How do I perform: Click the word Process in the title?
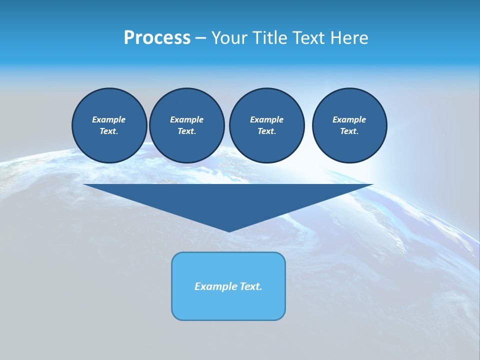157,38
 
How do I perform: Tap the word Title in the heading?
269,38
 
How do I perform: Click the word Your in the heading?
229,38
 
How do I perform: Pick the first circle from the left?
109,125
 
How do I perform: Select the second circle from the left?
187,125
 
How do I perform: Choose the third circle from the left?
267,125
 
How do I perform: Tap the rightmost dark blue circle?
349,125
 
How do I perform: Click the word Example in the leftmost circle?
109,119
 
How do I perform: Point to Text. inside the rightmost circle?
349,131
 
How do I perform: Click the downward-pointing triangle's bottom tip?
229,230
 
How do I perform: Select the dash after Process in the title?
200,38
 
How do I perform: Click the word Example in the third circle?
267,119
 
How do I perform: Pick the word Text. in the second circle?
187,131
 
